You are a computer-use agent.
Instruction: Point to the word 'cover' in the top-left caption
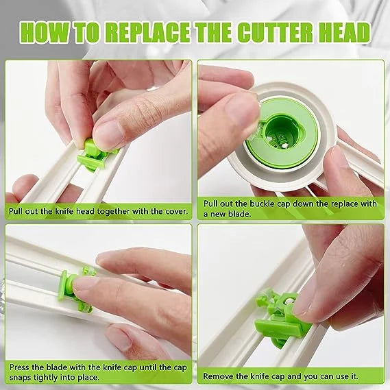tap(173, 210)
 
